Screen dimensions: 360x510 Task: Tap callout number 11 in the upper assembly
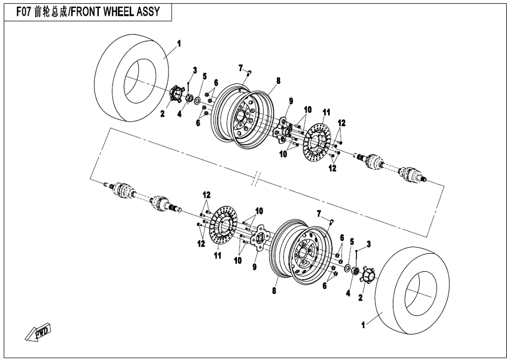[x=326, y=113]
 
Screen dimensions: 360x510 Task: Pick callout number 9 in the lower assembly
[x=254, y=267]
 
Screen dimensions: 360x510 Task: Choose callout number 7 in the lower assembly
[x=319, y=213]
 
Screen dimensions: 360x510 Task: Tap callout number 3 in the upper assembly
[x=195, y=70]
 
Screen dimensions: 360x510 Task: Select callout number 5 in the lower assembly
[x=351, y=241]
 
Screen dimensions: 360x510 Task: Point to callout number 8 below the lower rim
[x=274, y=290]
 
